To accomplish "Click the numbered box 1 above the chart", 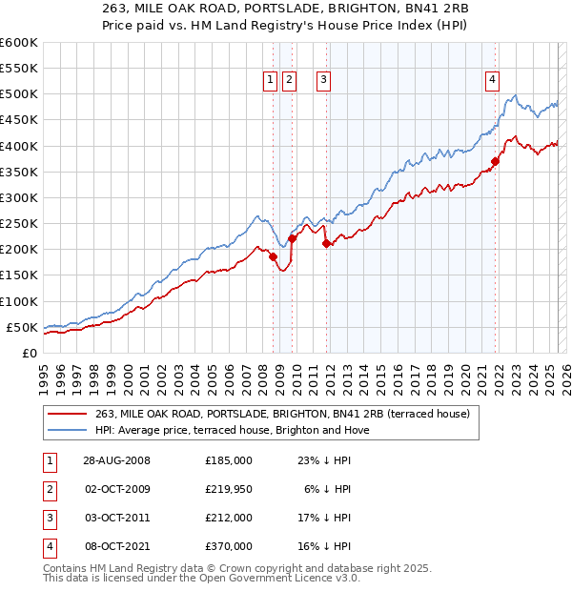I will point(271,80).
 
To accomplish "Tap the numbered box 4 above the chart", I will point(493,80).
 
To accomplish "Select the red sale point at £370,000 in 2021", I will point(496,161).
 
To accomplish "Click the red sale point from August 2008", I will point(273,256).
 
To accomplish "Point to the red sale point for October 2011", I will point(326,243).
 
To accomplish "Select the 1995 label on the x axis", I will point(44,373).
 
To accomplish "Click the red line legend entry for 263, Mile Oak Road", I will point(282,414).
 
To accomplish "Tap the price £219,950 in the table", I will point(229,489).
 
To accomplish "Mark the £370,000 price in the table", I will point(229,547).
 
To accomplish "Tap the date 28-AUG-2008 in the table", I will point(111,460).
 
